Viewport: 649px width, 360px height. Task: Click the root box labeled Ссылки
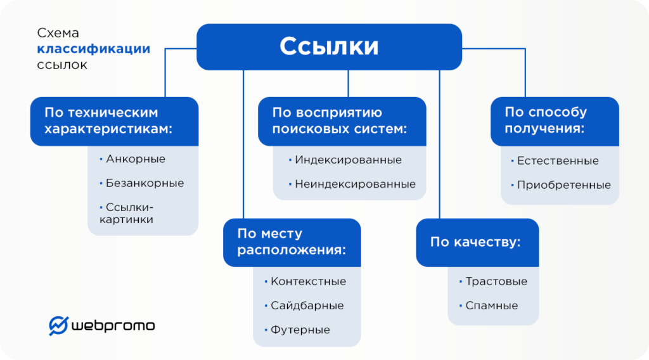click(x=329, y=46)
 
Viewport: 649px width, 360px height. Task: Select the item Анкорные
click(x=136, y=159)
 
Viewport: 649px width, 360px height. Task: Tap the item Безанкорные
click(x=145, y=183)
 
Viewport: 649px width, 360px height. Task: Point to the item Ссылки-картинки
click(x=130, y=214)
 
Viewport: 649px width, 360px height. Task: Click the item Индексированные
click(x=348, y=160)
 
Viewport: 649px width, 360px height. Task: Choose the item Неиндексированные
click(x=355, y=184)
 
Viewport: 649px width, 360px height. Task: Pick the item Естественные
click(x=558, y=161)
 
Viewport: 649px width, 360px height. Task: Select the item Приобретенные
click(x=563, y=185)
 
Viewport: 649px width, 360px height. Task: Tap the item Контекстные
click(x=308, y=281)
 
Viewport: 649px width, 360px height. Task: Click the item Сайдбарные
click(x=307, y=305)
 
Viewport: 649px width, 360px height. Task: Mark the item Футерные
click(x=300, y=330)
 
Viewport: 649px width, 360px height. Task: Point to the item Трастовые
click(x=496, y=281)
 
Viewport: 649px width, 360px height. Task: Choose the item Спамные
click(x=491, y=305)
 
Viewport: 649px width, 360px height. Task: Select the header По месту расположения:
click(x=292, y=242)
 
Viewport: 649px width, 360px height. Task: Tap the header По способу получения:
click(x=555, y=120)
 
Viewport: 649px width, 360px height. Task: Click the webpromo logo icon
click(x=58, y=325)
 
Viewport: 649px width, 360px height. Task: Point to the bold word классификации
click(x=93, y=49)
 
